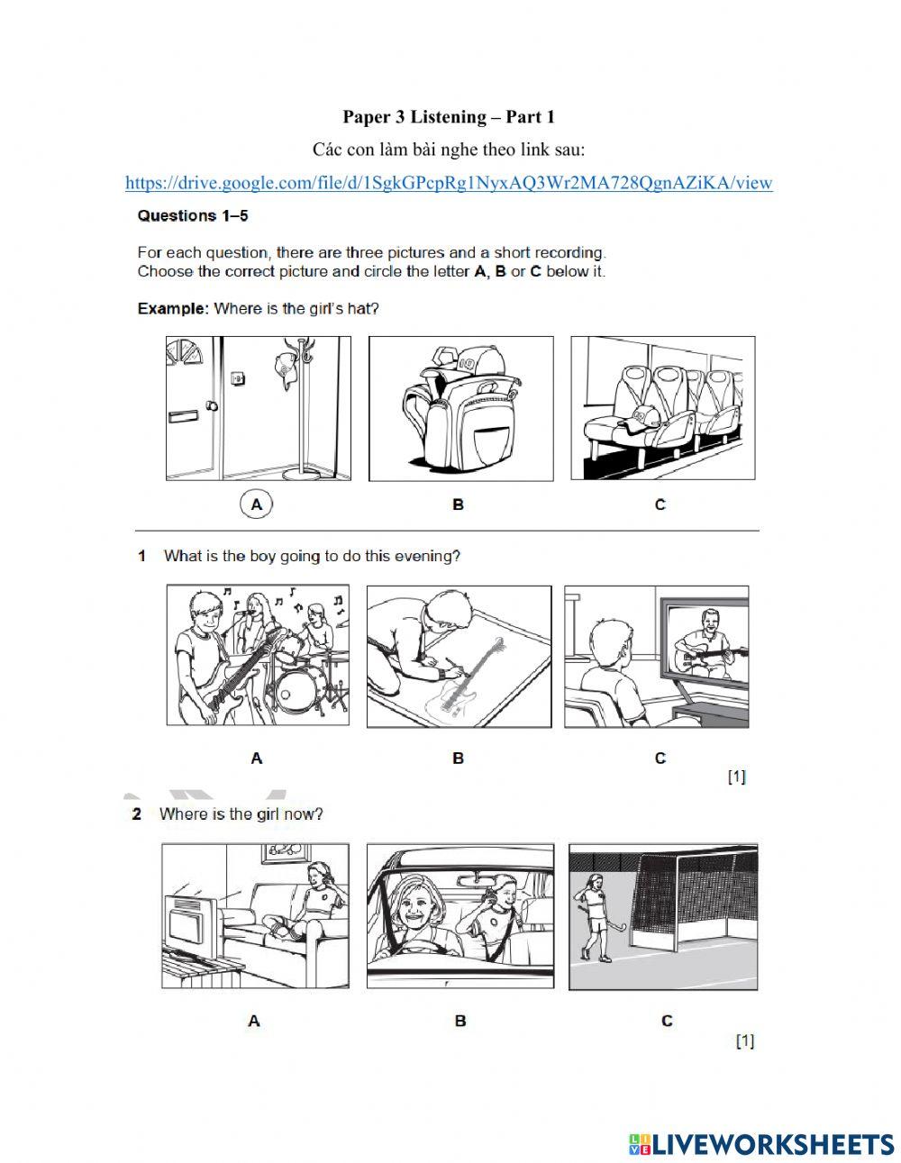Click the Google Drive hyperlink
pos(449,183)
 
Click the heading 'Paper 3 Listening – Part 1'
pos(449,117)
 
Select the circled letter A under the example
pos(256,504)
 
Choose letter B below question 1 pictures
pos(458,758)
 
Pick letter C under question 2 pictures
pos(667,1021)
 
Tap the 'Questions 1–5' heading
pos(193,215)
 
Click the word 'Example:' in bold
pos(173,309)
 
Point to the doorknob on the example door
pos(212,405)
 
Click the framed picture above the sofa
pos(285,855)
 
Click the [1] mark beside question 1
pos(737,776)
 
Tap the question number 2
pos(136,814)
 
